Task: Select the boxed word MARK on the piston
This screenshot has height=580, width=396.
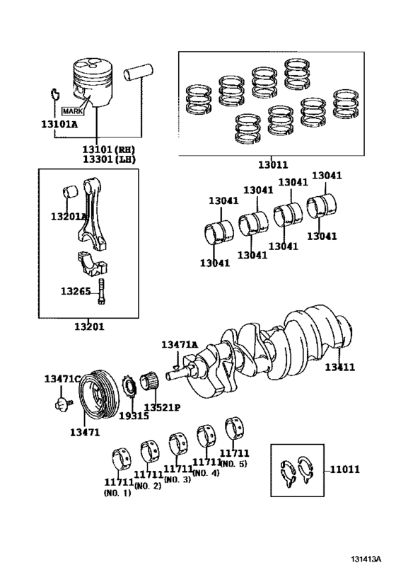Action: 72,111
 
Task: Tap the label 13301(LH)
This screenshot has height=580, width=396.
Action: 108,160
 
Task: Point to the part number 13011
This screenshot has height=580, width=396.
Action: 272,165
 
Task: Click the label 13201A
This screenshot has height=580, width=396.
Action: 68,216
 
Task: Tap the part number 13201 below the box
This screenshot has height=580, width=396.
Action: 89,326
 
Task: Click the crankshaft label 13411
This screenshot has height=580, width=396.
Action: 340,367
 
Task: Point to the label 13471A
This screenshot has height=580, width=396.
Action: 179,344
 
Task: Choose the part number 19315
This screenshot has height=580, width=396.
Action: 133,416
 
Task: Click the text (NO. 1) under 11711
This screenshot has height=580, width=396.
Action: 117,493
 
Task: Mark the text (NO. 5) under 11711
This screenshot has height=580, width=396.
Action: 234,463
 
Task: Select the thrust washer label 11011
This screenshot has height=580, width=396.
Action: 344,469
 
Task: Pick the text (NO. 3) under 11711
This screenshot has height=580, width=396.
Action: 177,479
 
